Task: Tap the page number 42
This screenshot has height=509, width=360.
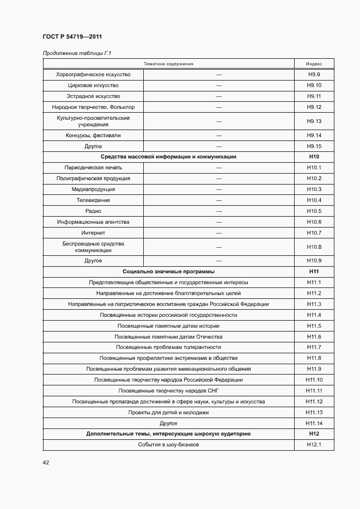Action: pyautogui.click(x=46, y=463)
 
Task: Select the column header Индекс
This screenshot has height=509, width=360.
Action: pyautogui.click(x=314, y=64)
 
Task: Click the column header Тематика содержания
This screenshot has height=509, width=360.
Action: pyautogui.click(x=168, y=64)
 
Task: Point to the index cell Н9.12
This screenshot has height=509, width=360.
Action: pyautogui.click(x=314, y=107)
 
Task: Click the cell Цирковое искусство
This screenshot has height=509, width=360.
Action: pyautogui.click(x=93, y=85)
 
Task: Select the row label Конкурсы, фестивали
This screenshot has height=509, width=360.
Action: pyautogui.click(x=93, y=136)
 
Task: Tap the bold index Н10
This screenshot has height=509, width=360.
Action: pyautogui.click(x=314, y=157)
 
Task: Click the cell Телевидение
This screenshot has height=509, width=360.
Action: pyautogui.click(x=93, y=200)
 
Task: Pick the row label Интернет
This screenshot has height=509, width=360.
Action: pyautogui.click(x=93, y=233)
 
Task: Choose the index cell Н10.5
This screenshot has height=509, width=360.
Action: pyautogui.click(x=314, y=211)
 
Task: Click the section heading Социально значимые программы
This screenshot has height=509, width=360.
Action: pyautogui.click(x=168, y=271)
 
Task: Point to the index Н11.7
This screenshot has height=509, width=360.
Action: pyautogui.click(x=314, y=347)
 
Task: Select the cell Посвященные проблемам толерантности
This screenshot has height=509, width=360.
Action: pyautogui.click(x=168, y=347)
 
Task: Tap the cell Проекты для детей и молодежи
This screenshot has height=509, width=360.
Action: pyautogui.click(x=168, y=413)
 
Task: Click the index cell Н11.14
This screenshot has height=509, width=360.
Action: pyautogui.click(x=314, y=424)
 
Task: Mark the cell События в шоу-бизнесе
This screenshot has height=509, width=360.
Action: pyautogui.click(x=168, y=445)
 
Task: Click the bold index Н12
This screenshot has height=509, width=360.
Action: pyautogui.click(x=314, y=434)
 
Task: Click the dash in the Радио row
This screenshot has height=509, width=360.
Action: pyautogui.click(x=219, y=211)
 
